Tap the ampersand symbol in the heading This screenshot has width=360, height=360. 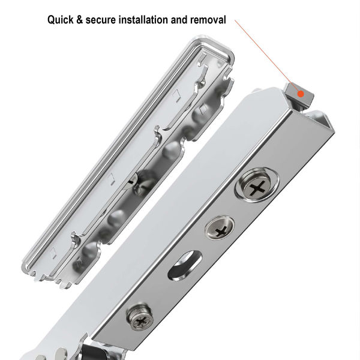click(x=86, y=20)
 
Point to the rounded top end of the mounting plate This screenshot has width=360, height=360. click(x=213, y=48)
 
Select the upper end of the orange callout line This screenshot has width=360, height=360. click(x=236, y=24)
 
